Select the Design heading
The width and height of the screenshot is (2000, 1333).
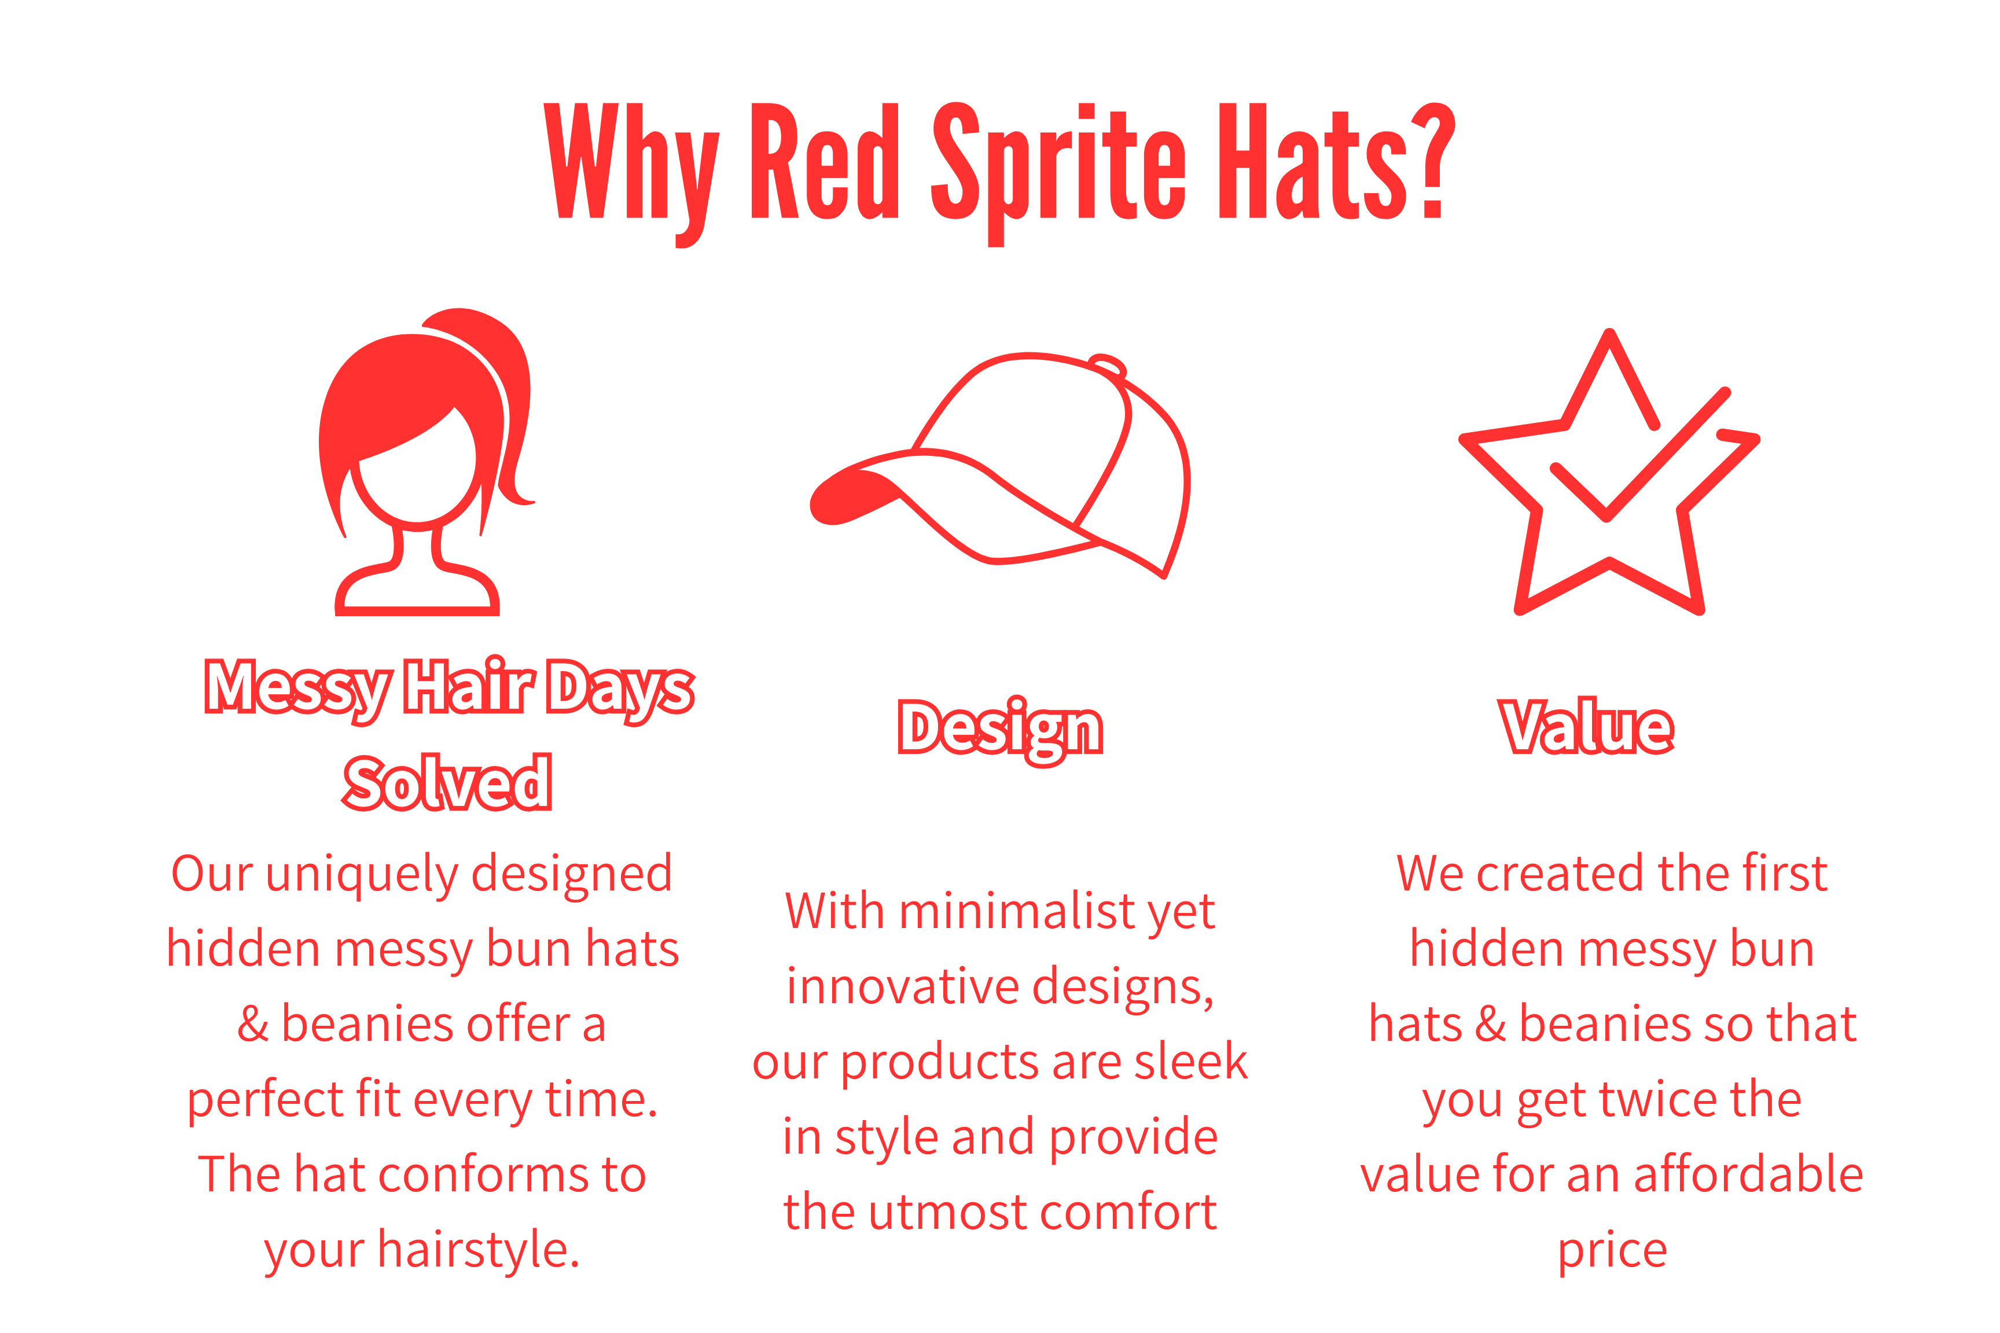[1000, 730]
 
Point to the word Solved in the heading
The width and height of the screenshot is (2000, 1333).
[447, 782]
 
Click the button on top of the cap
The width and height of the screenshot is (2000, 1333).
[1107, 366]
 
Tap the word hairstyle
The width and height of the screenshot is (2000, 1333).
[478, 1250]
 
